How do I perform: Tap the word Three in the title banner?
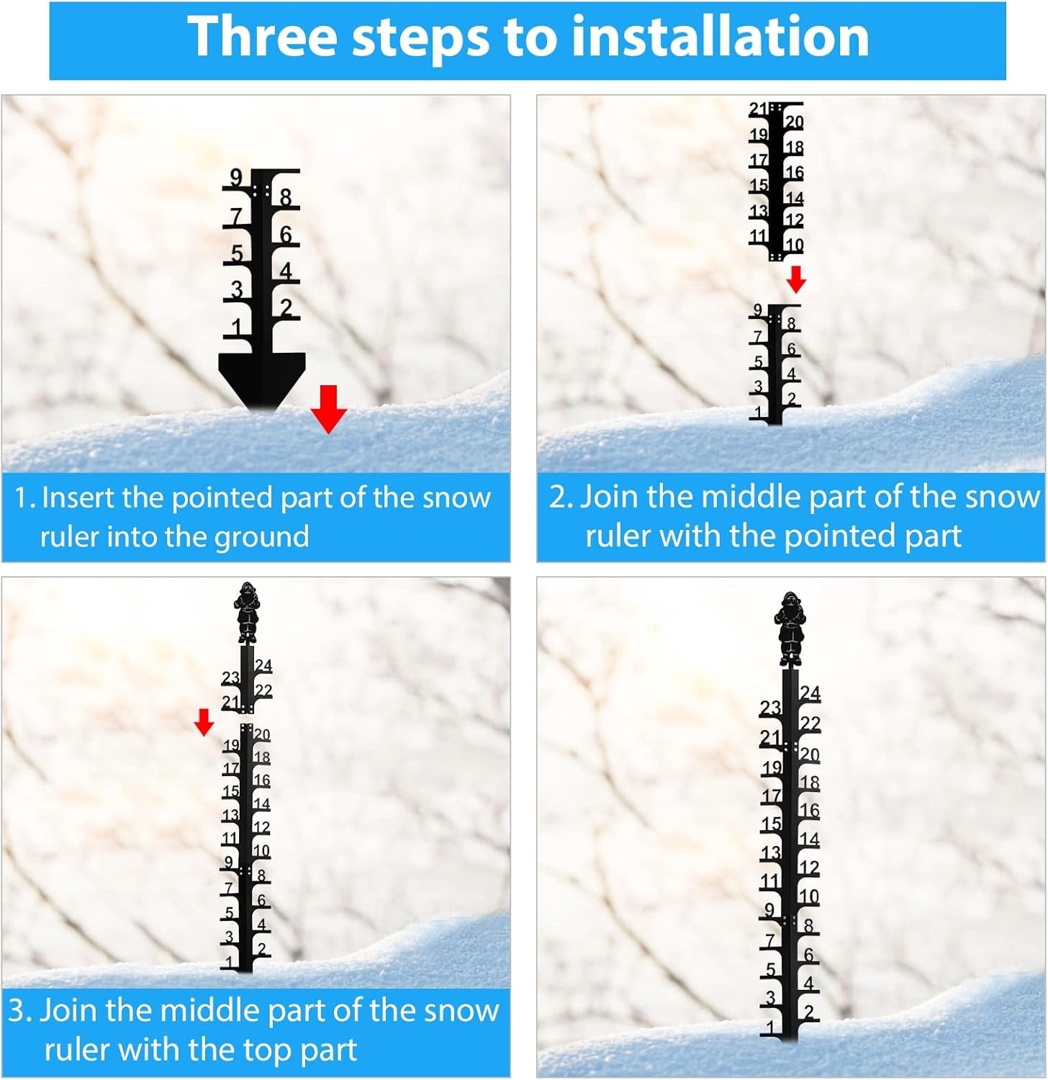pos(262,37)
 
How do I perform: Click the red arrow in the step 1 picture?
pos(329,409)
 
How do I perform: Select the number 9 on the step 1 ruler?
pos(236,177)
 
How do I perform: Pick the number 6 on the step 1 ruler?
pos(286,235)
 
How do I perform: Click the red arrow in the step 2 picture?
pos(795,279)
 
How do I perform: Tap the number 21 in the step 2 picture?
pos(759,109)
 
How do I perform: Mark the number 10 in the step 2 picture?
pos(794,245)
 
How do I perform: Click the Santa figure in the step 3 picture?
pos(247,612)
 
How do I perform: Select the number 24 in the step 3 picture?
pos(263,665)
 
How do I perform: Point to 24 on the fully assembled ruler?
pos(810,693)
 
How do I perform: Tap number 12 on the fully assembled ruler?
pos(809,868)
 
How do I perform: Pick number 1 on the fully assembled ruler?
pos(771,1027)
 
